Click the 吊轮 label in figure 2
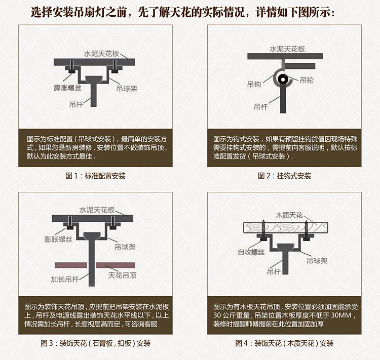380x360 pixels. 307,80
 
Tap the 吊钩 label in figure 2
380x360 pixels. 254,85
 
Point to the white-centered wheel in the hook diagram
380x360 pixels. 283,79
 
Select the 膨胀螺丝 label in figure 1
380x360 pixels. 67,88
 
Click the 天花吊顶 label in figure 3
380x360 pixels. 123,275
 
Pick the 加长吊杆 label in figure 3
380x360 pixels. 65,279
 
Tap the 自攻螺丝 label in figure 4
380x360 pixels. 251,252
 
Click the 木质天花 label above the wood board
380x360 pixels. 289,215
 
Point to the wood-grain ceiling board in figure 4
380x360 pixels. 286,228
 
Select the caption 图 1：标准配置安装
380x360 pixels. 95,176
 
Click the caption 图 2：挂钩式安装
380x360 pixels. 284,176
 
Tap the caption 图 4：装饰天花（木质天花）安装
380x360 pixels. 284,343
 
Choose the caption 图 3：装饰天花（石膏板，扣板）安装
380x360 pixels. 95,343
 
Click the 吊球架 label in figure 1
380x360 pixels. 127,89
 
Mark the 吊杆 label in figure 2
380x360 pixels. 260,107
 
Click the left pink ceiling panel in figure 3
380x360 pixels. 71,265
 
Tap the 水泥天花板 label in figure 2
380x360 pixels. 287,49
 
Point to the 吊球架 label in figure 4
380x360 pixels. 317,261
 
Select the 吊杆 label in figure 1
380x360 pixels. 76,105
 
